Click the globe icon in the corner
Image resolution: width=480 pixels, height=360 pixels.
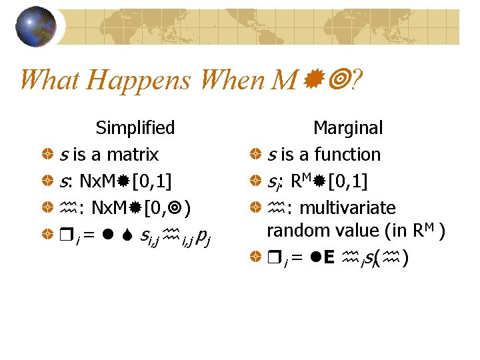click(35, 27)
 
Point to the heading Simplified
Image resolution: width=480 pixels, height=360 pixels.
click(135, 127)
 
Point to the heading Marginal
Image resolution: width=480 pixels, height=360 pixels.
click(348, 127)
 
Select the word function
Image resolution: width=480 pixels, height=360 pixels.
click(349, 155)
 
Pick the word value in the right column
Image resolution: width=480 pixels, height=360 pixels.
click(363, 231)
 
